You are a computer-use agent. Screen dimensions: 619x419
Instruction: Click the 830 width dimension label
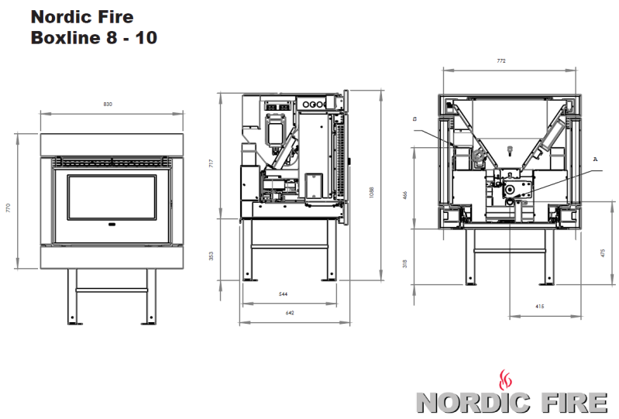[x=108, y=104]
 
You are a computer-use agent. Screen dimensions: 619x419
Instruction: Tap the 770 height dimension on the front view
[x=9, y=208]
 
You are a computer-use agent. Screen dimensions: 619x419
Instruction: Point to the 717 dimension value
[x=211, y=163]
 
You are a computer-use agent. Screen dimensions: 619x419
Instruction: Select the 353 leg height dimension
[x=211, y=256]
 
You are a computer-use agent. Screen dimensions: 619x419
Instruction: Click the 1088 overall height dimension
[x=371, y=193]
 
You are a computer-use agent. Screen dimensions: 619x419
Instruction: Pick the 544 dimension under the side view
[x=283, y=294]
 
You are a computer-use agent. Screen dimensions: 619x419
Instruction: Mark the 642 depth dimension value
[x=290, y=313]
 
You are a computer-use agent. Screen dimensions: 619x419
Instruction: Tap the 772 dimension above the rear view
[x=501, y=60]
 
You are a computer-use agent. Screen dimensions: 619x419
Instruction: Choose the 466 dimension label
[x=404, y=195]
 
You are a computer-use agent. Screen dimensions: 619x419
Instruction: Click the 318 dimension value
[x=404, y=263]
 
